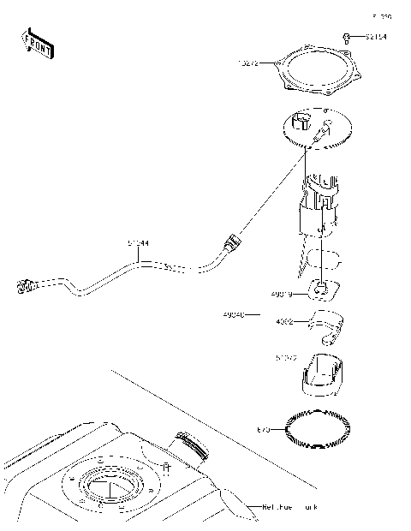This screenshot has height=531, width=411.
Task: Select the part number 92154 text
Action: click(376, 38)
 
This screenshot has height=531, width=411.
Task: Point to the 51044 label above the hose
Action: click(138, 243)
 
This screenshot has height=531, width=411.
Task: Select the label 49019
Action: click(281, 294)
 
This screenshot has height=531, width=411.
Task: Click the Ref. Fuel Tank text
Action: click(290, 507)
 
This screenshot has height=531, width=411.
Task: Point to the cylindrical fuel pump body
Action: click(321, 210)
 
